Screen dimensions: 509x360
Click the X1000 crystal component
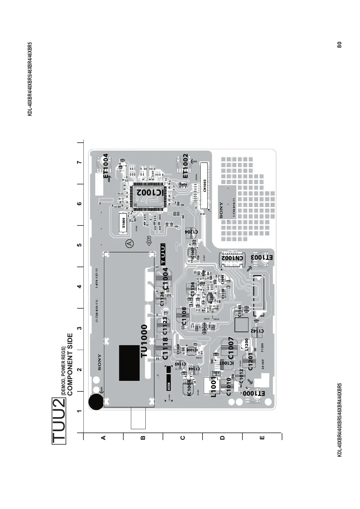click(123, 223)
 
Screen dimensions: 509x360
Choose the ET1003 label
click(262, 258)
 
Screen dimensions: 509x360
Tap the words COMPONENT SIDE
click(70, 365)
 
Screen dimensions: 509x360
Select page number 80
click(339, 44)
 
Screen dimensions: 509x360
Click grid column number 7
click(79, 163)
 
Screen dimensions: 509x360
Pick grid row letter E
click(262, 437)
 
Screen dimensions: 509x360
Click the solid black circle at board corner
click(96, 402)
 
